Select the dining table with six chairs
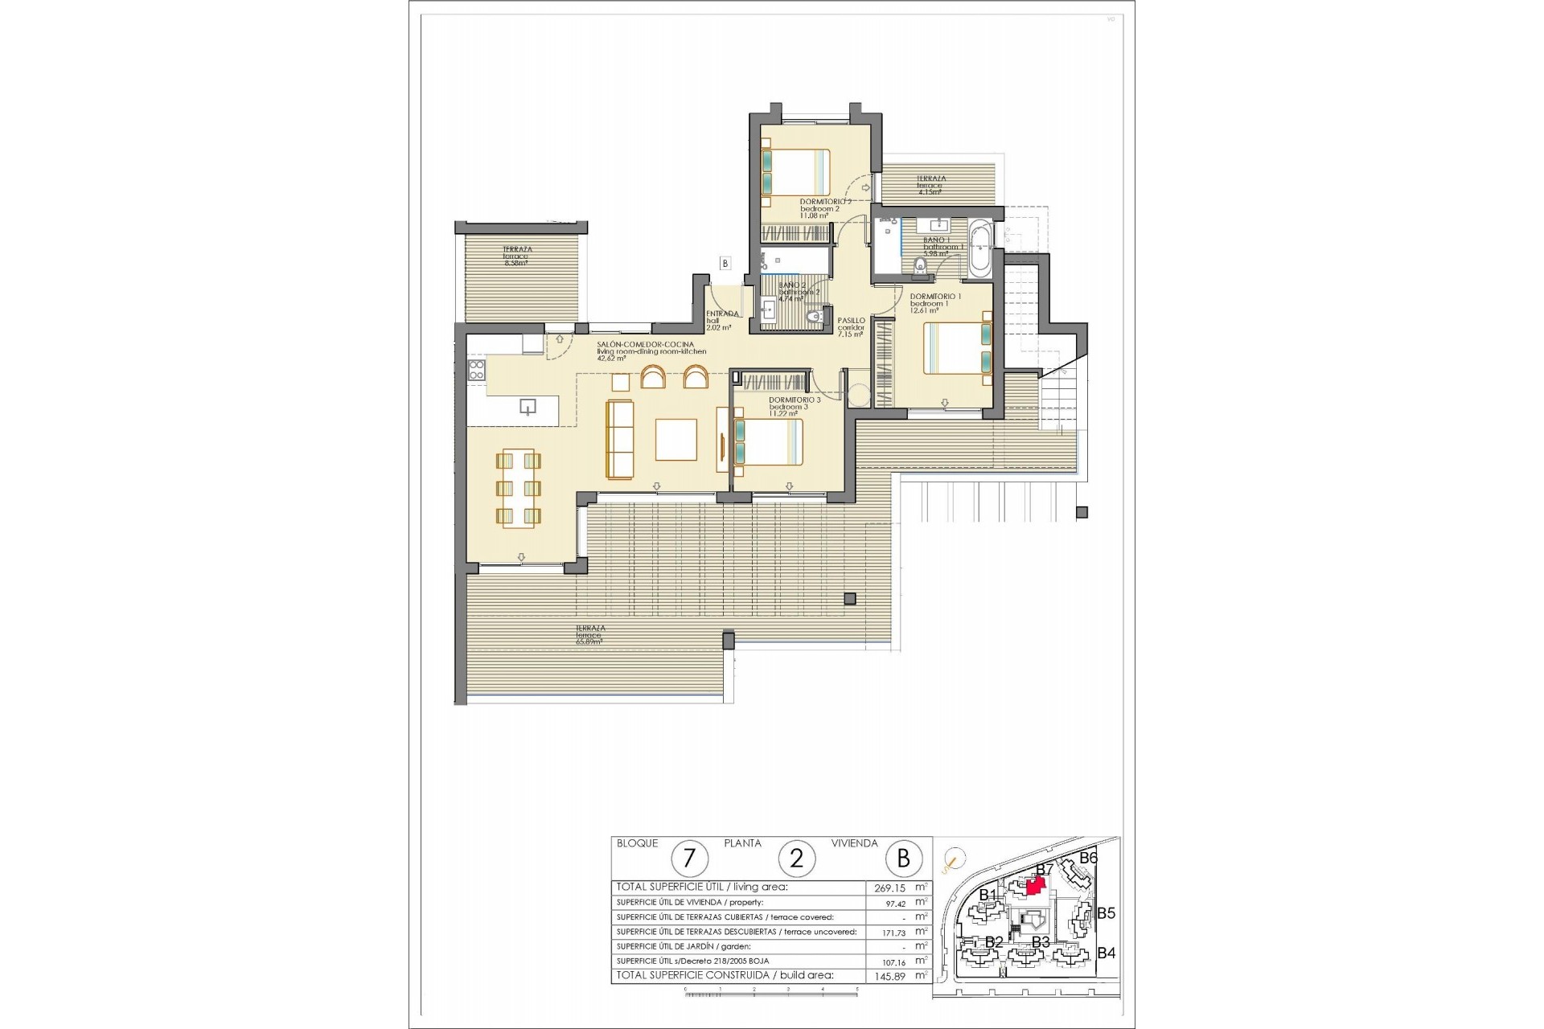point(519,488)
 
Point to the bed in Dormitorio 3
point(768,442)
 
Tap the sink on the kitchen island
point(528,406)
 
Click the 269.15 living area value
point(890,888)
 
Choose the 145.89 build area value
point(890,975)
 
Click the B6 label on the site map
point(1088,859)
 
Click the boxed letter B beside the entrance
point(725,263)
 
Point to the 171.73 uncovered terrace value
point(890,932)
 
